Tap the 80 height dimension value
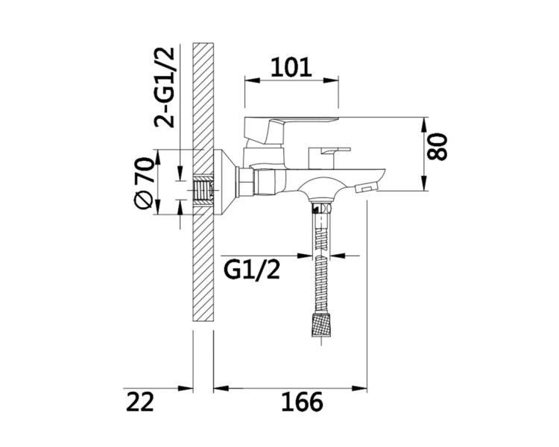click(437, 147)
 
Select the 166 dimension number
click(302, 402)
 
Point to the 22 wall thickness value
click(140, 402)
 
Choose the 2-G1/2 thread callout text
click(165, 87)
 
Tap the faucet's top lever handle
click(291, 130)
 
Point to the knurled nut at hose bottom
click(321, 324)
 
